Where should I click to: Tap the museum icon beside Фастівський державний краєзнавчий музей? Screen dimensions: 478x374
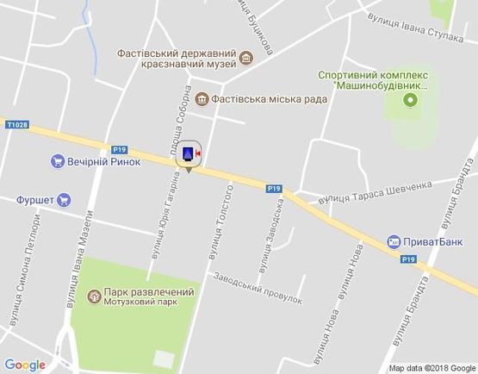[x=247, y=58]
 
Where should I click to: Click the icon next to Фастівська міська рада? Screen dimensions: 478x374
[x=202, y=97]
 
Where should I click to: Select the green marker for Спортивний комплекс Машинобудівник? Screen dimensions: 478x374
[x=410, y=99]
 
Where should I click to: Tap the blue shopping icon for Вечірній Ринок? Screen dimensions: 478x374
[x=58, y=161]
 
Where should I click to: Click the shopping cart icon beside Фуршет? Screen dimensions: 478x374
[x=65, y=200]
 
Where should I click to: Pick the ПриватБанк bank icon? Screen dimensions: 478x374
[x=393, y=242]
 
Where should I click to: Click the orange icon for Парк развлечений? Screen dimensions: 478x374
[x=93, y=296]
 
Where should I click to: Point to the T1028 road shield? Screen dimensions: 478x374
[x=15, y=124]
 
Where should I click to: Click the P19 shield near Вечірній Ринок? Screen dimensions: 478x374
[x=119, y=148]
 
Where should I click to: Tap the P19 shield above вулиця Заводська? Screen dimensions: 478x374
[x=274, y=188]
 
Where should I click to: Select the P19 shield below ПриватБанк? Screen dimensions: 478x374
[x=407, y=259]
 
